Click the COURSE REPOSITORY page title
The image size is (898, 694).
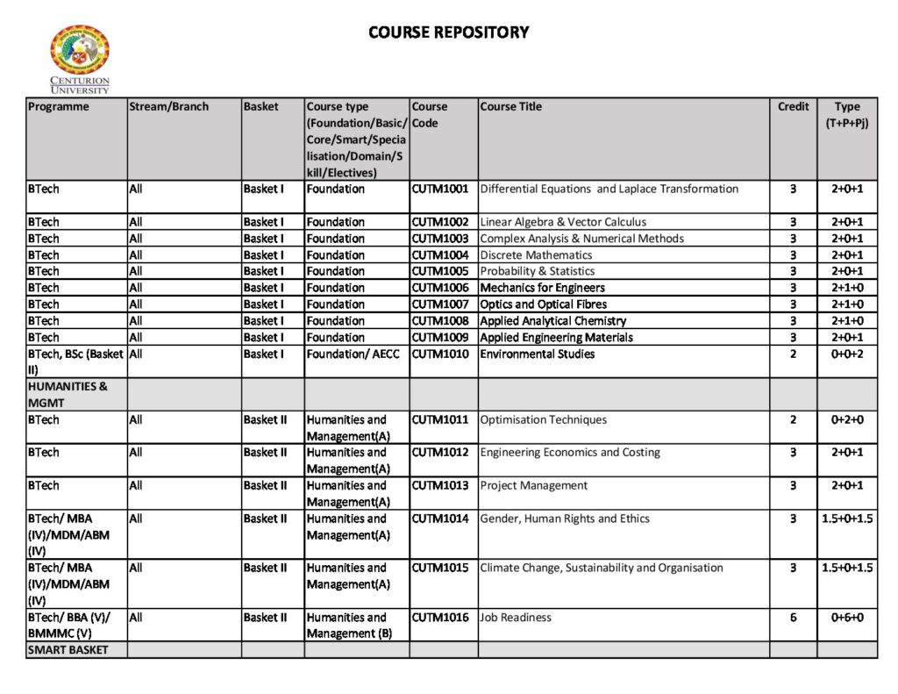click(449, 32)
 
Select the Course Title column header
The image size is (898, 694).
click(511, 107)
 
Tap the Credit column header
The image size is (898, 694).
click(793, 107)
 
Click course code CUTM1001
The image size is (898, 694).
click(440, 189)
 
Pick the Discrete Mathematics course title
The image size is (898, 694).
click(536, 255)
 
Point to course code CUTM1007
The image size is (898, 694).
click(440, 304)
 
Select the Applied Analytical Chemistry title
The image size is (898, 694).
click(553, 321)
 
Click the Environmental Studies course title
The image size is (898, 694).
click(538, 354)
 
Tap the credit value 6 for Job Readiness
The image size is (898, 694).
click(793, 618)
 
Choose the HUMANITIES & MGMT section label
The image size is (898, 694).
click(68, 394)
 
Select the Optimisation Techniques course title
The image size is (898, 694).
click(544, 420)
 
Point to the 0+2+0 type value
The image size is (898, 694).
click(847, 420)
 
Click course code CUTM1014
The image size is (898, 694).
click(440, 519)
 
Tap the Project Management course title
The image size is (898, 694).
click(534, 486)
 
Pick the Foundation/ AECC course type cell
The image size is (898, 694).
click(352, 354)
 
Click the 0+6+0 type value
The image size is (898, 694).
click(847, 618)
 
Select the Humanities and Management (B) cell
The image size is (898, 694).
click(349, 626)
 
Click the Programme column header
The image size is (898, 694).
click(59, 107)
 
